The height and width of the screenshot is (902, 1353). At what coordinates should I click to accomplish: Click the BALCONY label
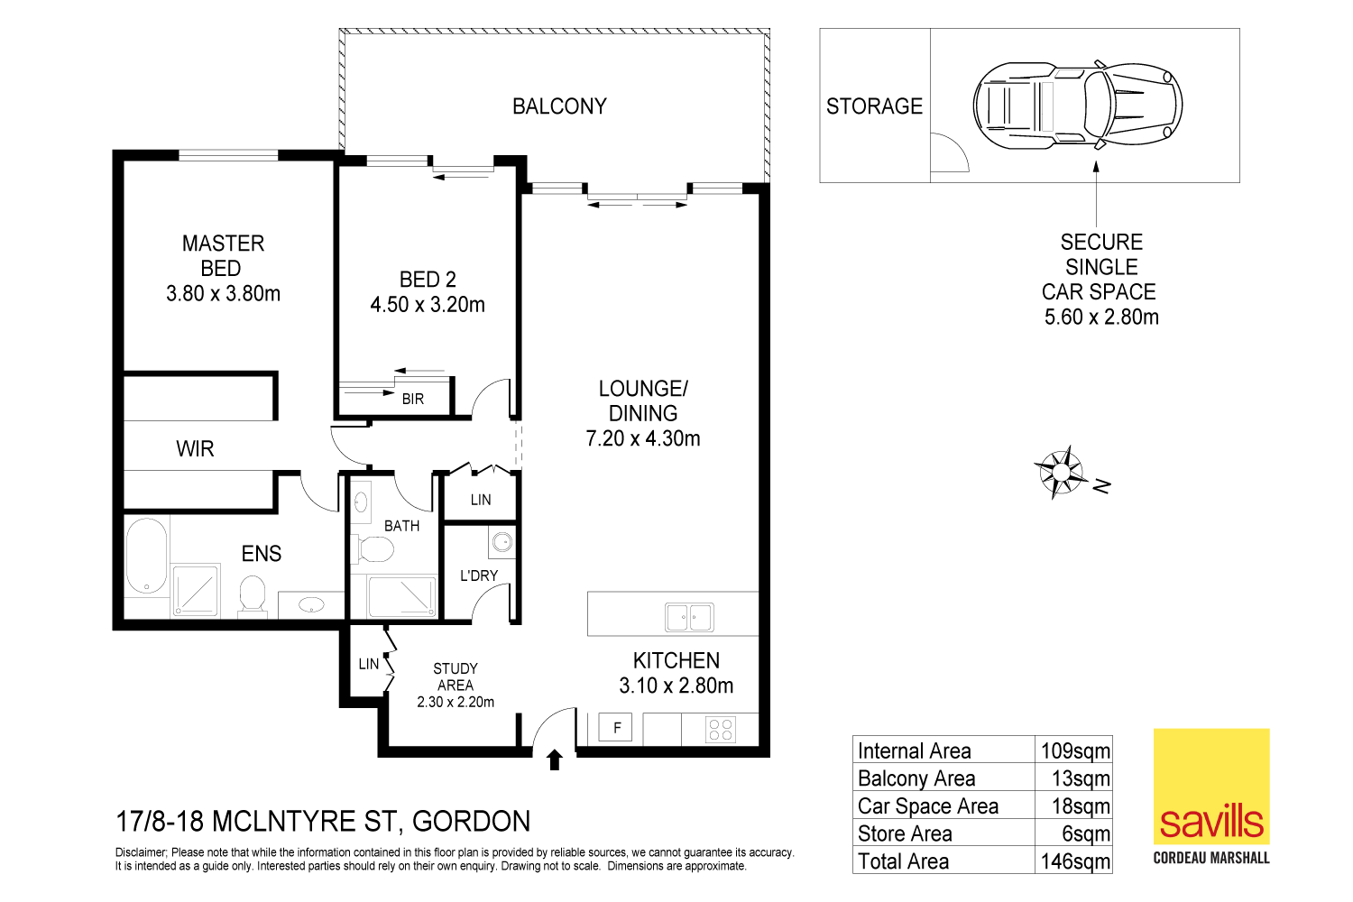tap(559, 106)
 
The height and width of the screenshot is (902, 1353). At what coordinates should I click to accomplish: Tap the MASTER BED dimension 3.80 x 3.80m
tap(223, 294)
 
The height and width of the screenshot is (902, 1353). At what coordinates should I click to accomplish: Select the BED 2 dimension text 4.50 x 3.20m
tap(428, 305)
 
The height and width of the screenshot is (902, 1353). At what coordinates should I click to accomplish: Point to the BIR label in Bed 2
tap(413, 399)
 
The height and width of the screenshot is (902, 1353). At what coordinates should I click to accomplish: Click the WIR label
tap(195, 449)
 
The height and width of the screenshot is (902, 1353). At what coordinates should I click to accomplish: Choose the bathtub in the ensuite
tap(146, 555)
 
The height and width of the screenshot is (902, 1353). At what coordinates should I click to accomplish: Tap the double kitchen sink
tap(689, 618)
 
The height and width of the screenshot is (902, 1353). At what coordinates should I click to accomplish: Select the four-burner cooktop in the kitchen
tap(721, 729)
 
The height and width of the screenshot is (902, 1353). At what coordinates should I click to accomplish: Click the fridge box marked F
tap(617, 728)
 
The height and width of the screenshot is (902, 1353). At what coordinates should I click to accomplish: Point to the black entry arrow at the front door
tap(555, 760)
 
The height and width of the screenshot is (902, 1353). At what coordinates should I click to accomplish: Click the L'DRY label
tap(479, 575)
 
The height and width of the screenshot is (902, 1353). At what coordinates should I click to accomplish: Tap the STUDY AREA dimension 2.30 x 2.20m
tap(456, 702)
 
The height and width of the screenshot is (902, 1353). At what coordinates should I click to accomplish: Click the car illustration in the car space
tap(1078, 106)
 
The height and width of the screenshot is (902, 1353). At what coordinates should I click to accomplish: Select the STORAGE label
tap(874, 106)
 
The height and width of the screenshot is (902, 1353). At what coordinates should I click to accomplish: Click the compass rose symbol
tap(1060, 472)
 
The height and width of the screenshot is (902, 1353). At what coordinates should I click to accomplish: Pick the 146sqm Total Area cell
tap(1075, 861)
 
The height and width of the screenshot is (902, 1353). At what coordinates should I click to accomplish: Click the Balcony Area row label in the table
tap(916, 778)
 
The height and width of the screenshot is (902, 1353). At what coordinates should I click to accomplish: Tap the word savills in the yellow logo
tap(1211, 822)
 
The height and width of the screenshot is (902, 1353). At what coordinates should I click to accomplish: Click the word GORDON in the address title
tap(471, 822)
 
